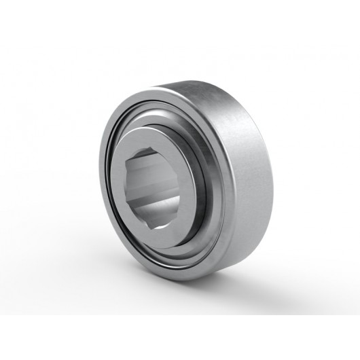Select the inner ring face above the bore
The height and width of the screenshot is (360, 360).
pyautogui.click(x=156, y=136)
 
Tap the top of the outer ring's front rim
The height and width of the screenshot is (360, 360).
pyautogui.click(x=153, y=98)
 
